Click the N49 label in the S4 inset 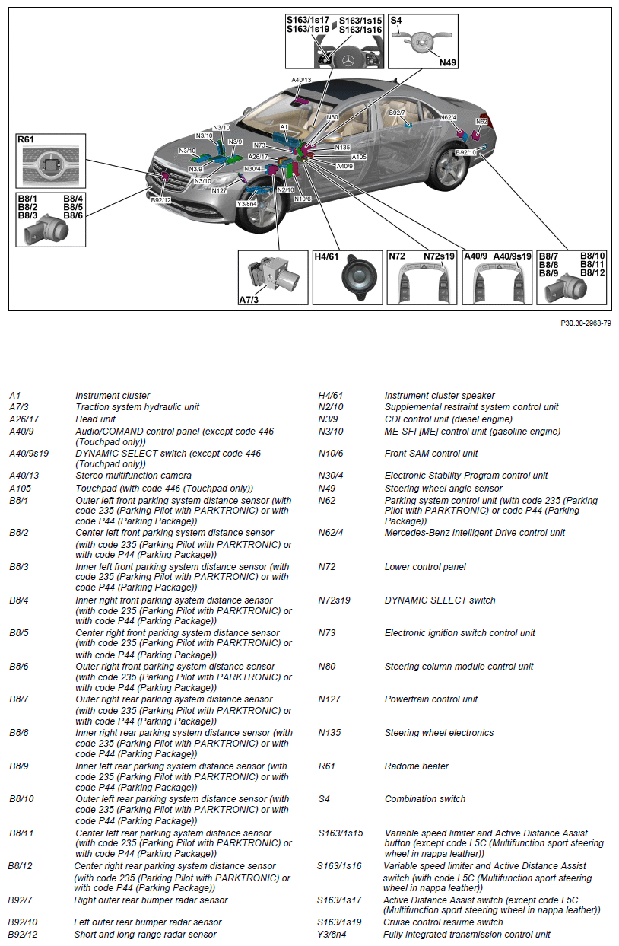point(448,62)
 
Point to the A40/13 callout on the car point(301,79)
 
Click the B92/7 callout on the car point(397,113)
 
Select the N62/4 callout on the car point(448,117)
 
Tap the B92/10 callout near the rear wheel point(465,152)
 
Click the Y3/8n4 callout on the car point(248,203)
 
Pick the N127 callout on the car point(220,190)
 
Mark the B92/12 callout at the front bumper point(160,200)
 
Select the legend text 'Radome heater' point(416,766)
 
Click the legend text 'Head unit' point(95,419)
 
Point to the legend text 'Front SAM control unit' point(431,454)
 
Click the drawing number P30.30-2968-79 point(586,323)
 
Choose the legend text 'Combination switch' point(424,799)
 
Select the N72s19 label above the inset point(439,256)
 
